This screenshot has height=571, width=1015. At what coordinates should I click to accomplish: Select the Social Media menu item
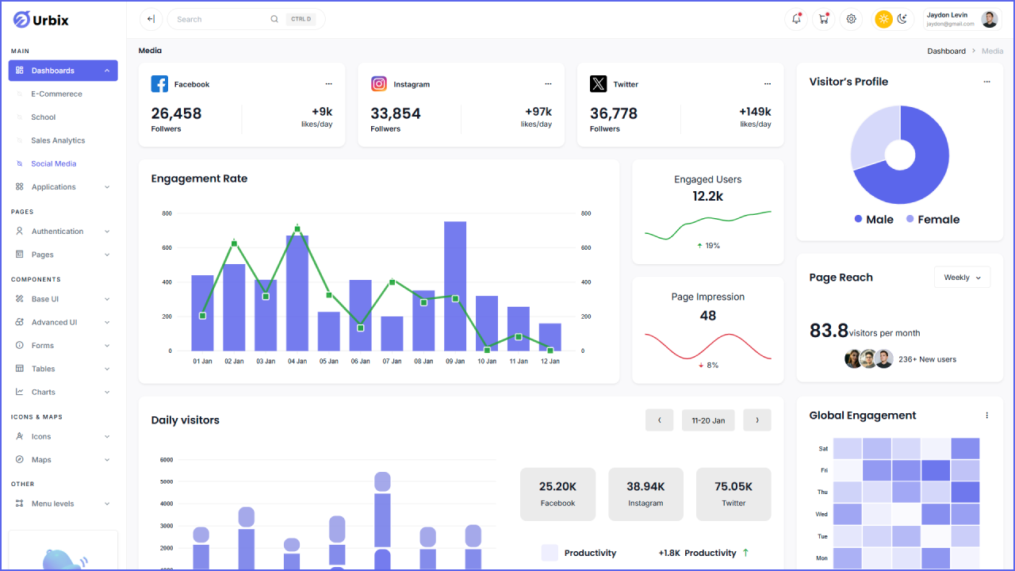pyautogui.click(x=54, y=164)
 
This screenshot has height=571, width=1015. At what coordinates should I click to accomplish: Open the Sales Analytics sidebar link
pyautogui.click(x=58, y=140)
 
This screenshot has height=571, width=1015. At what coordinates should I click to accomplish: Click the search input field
pyautogui.click(x=222, y=19)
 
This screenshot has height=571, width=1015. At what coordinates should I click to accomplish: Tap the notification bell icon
pyautogui.click(x=796, y=19)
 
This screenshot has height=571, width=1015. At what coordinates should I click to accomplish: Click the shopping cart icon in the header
pyautogui.click(x=824, y=19)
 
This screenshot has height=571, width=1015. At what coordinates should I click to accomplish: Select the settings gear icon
pyautogui.click(x=852, y=19)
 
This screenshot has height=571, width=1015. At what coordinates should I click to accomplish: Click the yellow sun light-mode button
pyautogui.click(x=883, y=19)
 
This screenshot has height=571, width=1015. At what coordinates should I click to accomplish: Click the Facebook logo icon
pyautogui.click(x=159, y=84)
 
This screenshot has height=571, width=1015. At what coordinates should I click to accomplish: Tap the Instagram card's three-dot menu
pyautogui.click(x=548, y=84)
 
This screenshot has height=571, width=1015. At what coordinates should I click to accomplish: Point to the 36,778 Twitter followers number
pyautogui.click(x=614, y=113)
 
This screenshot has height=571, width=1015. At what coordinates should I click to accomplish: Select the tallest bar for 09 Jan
pyautogui.click(x=455, y=285)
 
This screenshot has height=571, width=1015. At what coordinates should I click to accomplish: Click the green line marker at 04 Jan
pyautogui.click(x=297, y=229)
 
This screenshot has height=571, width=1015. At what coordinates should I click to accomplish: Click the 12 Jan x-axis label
pyautogui.click(x=550, y=362)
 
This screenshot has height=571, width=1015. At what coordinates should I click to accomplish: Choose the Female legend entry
pyautogui.click(x=933, y=220)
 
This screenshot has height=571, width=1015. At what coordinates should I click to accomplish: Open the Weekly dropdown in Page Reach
pyautogui.click(x=962, y=278)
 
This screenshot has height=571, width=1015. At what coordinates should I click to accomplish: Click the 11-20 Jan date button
pyautogui.click(x=708, y=420)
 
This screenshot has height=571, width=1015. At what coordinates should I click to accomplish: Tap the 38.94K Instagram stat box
pyautogui.click(x=645, y=494)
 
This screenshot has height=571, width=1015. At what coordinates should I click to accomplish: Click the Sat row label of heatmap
pyautogui.click(x=823, y=449)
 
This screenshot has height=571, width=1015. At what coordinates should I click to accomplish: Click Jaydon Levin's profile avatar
pyautogui.click(x=989, y=19)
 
